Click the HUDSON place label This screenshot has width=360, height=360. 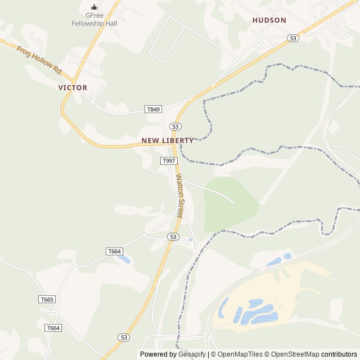click(x=269, y=20)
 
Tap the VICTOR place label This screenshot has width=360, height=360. click(x=73, y=88)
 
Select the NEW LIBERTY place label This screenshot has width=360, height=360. click(x=167, y=141)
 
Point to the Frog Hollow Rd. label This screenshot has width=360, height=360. click(x=39, y=60)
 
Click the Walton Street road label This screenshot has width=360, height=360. click(x=179, y=196)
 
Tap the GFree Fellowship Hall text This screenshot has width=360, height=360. click(x=94, y=20)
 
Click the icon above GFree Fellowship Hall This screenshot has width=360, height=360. click(x=94, y=7)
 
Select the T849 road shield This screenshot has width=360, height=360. click(x=153, y=109)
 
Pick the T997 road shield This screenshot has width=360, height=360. click(x=169, y=161)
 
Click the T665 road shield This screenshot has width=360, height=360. click(x=47, y=299)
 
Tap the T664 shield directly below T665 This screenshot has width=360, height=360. click(x=53, y=328)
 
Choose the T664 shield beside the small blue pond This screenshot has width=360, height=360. click(x=114, y=251)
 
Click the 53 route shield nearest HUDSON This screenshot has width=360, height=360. click(x=292, y=38)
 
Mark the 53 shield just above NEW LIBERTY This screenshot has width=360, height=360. click(x=176, y=127)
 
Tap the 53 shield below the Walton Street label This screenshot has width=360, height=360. click(x=173, y=237)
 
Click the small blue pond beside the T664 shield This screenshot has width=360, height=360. click(x=125, y=259)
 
